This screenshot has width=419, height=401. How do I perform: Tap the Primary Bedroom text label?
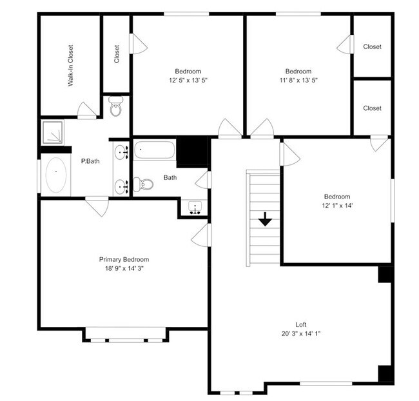[124, 259]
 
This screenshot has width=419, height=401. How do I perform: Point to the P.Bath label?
[88, 161]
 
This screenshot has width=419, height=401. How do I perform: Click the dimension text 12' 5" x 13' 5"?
[188, 81]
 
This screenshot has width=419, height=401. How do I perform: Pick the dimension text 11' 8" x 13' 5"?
[298, 81]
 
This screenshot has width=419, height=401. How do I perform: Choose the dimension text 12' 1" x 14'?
[336, 206]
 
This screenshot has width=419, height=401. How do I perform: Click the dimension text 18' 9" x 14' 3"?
[124, 268]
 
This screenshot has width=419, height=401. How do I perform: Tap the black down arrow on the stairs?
[265, 220]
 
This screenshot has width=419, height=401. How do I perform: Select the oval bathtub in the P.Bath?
[56, 175]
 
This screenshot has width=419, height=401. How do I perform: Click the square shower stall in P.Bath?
[54, 132]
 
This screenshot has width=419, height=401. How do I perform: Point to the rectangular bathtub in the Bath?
[154, 151]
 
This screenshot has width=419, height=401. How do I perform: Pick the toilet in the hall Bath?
[144, 184]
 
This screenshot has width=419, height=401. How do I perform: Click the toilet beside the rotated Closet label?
[116, 107]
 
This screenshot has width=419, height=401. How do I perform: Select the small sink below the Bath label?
[195, 208]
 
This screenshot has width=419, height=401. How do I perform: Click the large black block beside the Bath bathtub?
[192, 152]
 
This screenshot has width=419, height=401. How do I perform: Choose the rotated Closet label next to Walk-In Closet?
[117, 54]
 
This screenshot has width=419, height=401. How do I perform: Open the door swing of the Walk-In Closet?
[87, 111]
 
